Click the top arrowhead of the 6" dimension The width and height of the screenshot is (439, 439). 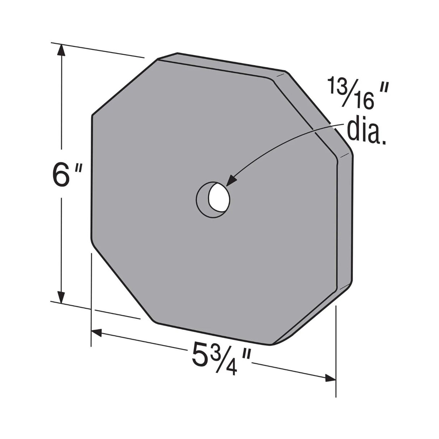click(62, 51)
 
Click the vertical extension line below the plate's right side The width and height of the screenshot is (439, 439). click(336, 351)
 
